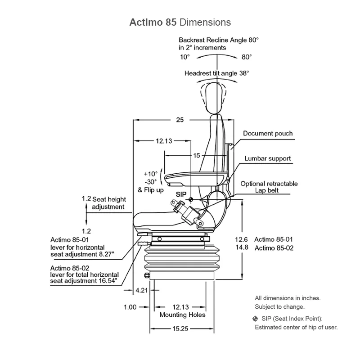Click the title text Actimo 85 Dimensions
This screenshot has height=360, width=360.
180,22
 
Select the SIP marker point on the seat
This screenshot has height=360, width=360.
191,200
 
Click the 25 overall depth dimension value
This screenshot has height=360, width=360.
180,120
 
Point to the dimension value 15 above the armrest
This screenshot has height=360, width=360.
196,156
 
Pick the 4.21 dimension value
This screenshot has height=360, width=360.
141,290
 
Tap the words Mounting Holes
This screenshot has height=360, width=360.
182,315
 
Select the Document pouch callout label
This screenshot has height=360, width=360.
268,133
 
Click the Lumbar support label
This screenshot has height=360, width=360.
268,158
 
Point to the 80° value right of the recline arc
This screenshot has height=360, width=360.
246,57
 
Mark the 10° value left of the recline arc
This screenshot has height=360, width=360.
185,57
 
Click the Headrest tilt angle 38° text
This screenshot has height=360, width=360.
216,72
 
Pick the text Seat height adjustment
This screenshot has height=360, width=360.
108,203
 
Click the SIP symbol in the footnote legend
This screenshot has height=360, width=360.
256,319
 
